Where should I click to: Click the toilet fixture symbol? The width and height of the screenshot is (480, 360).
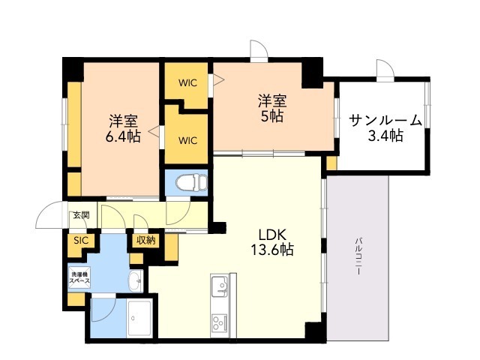pyautogui.click(x=190, y=183)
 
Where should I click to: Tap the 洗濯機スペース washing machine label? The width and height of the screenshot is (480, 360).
pyautogui.click(x=79, y=277)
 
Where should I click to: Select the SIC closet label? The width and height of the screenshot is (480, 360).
pyautogui.click(x=81, y=241)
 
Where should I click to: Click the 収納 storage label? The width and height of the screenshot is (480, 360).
pyautogui.click(x=146, y=241)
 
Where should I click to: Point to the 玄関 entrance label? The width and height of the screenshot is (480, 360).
pyautogui.click(x=81, y=215)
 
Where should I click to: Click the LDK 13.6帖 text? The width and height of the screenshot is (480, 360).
pyautogui.click(x=272, y=242)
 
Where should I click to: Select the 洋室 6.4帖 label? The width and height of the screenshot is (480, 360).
pyautogui.click(x=123, y=128)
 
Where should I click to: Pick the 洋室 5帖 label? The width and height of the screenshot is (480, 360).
pyautogui.click(x=272, y=109)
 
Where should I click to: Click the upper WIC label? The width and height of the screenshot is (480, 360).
pyautogui.click(x=187, y=83)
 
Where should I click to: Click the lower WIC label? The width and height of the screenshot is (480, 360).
pyautogui.click(x=187, y=140)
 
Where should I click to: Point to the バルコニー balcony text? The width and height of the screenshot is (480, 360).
pyautogui.click(x=358, y=256)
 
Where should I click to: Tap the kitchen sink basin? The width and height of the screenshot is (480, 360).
pyautogui.click(x=220, y=286)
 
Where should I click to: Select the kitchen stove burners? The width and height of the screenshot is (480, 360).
pyautogui.click(x=218, y=322)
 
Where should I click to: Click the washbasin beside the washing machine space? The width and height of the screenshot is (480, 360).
pyautogui.click(x=135, y=281)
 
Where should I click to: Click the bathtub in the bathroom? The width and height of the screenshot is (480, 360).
pyautogui.click(x=139, y=318)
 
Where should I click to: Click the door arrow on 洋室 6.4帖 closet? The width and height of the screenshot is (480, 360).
pyautogui.click(x=154, y=131)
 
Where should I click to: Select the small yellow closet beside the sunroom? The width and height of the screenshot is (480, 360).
pyautogui.click(x=331, y=163)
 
